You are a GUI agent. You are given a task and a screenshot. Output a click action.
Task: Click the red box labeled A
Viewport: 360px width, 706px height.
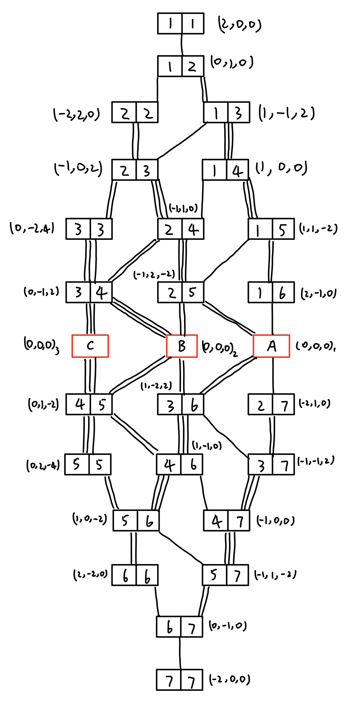271,346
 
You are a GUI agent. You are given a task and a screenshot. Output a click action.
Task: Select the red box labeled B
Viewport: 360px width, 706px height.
182,346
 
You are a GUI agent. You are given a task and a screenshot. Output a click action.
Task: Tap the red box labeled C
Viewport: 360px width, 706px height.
90,346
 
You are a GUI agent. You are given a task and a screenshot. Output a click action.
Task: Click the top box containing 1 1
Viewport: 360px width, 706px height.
181,24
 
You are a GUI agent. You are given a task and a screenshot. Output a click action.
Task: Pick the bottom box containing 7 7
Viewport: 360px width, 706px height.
180,679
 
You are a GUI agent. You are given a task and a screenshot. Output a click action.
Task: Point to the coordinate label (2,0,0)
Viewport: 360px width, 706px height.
240,25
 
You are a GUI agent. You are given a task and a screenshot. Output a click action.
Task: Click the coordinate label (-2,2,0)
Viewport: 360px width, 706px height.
77,114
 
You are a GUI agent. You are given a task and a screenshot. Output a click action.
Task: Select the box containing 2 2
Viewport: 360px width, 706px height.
135,113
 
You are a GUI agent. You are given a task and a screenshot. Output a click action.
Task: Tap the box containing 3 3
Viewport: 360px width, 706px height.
89,229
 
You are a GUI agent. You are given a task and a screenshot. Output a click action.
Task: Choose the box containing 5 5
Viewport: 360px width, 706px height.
88,464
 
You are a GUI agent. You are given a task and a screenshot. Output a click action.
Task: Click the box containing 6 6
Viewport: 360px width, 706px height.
135,575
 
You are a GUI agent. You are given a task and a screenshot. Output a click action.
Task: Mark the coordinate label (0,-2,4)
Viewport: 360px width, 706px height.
32,228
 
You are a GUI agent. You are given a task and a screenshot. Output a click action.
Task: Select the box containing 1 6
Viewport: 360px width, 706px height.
271,293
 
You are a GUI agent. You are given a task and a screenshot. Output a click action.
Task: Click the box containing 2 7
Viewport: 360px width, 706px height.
271,405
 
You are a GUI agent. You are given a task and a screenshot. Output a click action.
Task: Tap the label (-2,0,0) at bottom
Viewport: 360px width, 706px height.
230,679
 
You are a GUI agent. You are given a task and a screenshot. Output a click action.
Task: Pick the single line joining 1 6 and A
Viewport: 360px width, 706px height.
273,319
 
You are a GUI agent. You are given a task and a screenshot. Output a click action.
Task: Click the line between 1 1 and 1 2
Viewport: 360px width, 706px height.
181,45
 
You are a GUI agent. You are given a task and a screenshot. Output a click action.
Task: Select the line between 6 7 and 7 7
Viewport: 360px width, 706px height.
180,653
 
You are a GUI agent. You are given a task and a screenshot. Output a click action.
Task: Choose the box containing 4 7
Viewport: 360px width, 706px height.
227,520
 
